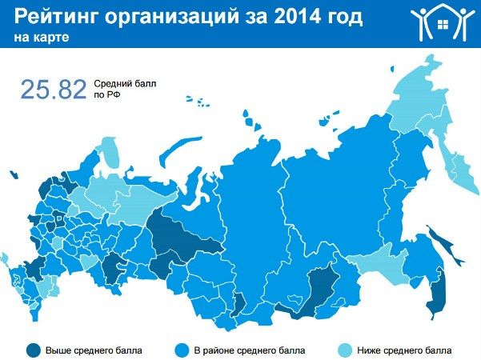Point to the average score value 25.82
[x=53, y=90]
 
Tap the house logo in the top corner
[x=442, y=23]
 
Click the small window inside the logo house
[x=443, y=22]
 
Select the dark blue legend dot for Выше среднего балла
[x=33, y=350]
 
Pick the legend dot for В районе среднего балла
[x=182, y=350]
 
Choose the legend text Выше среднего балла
[x=94, y=350]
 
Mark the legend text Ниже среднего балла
[x=405, y=350]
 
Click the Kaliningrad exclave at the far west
[x=13, y=174]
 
